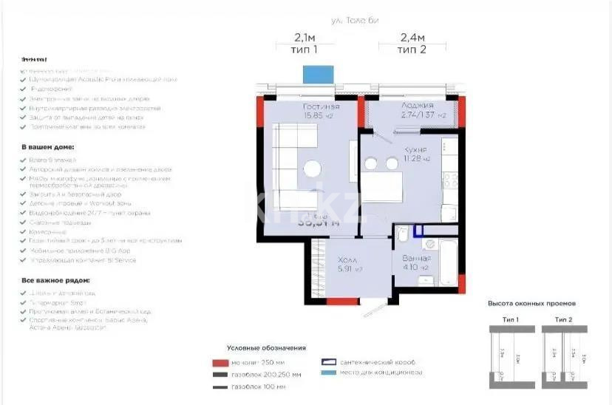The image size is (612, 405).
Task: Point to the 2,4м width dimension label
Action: [x=412, y=37]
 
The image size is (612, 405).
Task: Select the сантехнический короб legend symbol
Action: [x=328, y=362]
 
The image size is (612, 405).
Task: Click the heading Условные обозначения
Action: [x=267, y=347]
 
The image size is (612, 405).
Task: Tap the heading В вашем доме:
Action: [x=47, y=148]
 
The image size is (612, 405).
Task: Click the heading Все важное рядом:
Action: [x=55, y=281]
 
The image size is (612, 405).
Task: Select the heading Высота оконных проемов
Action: [x=531, y=304]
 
